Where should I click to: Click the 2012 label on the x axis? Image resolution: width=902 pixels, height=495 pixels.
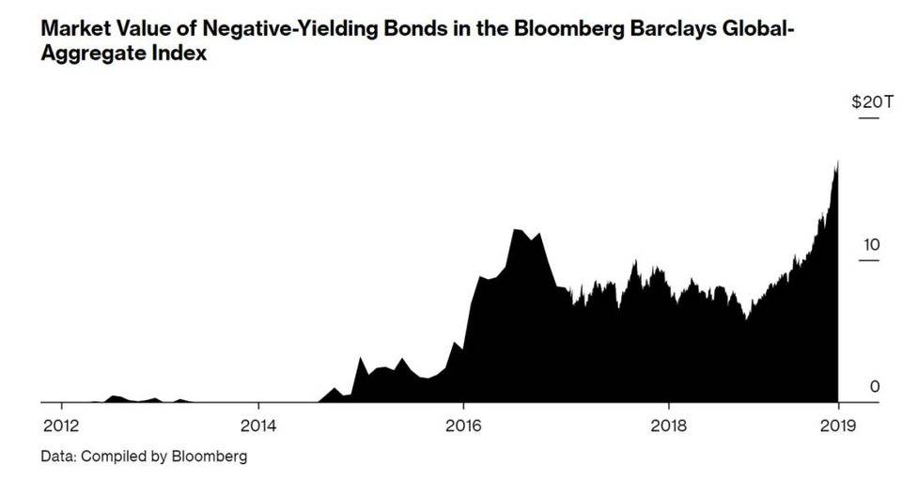(61, 425)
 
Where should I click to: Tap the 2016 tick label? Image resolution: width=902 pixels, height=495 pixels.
(462, 425)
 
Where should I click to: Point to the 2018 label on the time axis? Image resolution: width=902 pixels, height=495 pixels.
(668, 425)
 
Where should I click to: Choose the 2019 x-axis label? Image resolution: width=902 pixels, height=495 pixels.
(836, 425)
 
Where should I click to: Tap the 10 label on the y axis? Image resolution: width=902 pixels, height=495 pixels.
(871, 245)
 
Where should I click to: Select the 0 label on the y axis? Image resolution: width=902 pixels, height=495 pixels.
(875, 387)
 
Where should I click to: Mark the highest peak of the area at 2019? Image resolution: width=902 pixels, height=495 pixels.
(836, 162)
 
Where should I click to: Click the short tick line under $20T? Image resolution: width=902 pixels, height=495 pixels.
(869, 118)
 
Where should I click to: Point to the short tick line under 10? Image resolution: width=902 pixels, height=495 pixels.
(869, 260)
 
